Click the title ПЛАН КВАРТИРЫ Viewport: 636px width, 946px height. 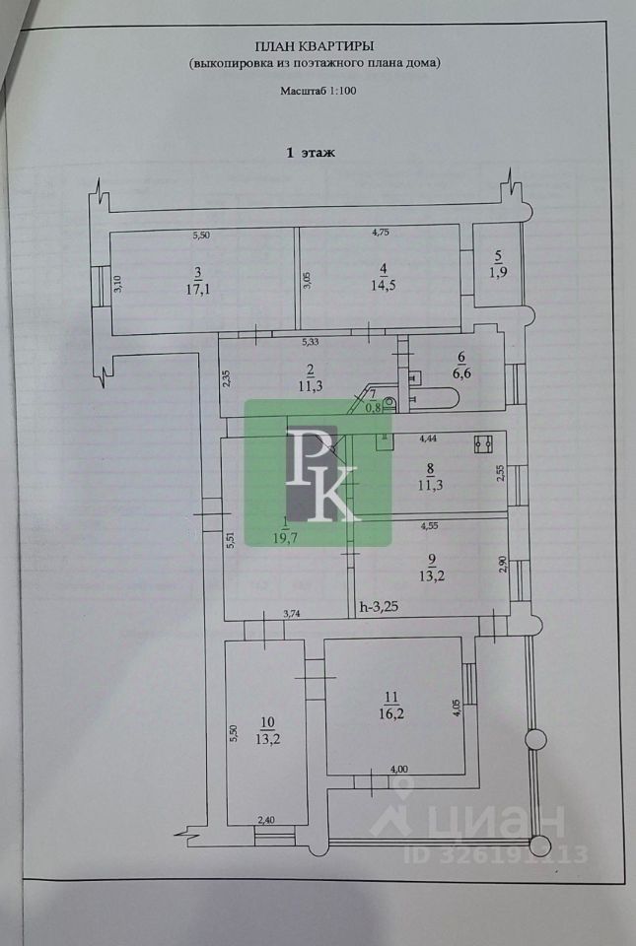(316, 45)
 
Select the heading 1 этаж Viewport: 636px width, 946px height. (311, 153)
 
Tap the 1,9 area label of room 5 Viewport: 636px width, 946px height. (497, 273)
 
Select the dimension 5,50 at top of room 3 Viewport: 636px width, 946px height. (200, 236)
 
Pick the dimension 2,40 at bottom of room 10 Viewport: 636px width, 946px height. (266, 819)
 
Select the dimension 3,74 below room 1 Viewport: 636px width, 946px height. (293, 613)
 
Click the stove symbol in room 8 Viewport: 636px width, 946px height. (484, 444)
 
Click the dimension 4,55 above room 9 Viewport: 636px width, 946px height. (430, 526)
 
